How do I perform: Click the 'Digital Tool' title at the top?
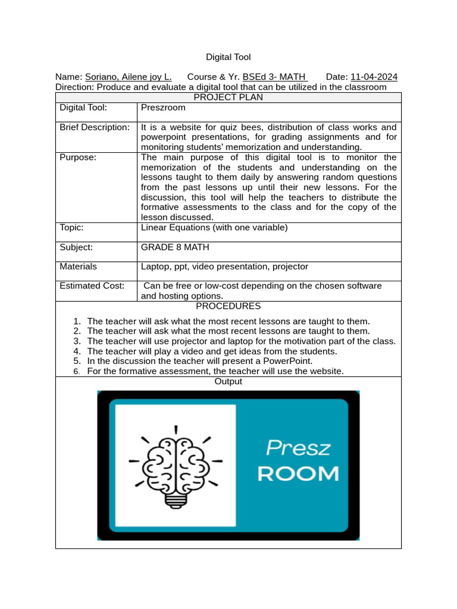point(228,57)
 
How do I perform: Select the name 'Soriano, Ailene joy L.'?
point(129,77)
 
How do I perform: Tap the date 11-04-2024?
point(374,77)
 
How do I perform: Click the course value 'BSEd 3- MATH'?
point(275,77)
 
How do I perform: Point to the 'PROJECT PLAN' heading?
point(228,98)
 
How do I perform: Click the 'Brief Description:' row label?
point(95,127)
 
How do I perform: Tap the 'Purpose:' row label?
point(78,157)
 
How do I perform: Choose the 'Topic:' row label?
point(72,227)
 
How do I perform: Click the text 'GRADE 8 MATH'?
point(175,247)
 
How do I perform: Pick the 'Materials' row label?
point(78,266)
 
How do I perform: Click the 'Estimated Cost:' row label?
point(92,285)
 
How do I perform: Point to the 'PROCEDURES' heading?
point(228,306)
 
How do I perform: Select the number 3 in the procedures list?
point(77,341)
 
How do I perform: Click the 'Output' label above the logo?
point(228,381)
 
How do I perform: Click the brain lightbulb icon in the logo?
point(176,466)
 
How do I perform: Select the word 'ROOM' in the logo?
point(298,473)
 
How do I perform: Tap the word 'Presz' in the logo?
point(298,447)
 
